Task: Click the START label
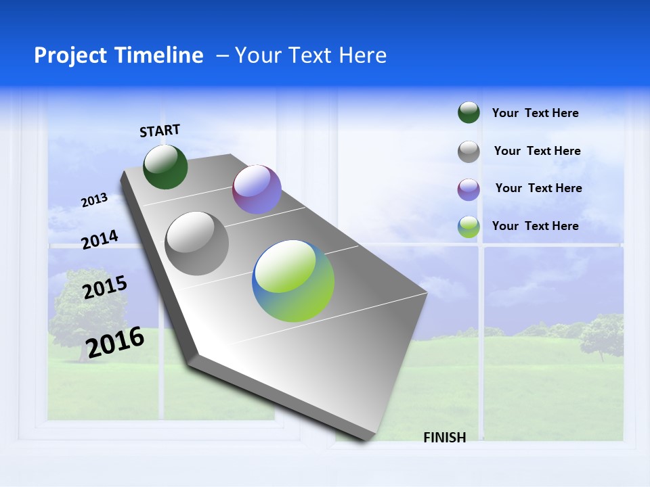(x=160, y=131)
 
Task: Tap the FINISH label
(x=445, y=438)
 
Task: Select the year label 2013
(x=95, y=200)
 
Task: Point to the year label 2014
(x=100, y=239)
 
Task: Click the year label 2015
(x=105, y=287)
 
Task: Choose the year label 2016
(x=115, y=342)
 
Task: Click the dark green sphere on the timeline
(x=165, y=166)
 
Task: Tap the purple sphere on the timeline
(x=257, y=189)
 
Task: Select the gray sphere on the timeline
(x=197, y=243)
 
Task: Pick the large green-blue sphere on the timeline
(x=293, y=281)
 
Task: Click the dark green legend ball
(x=469, y=113)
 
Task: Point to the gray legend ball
(x=469, y=152)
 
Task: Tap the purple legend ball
(x=469, y=189)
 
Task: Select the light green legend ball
(x=469, y=227)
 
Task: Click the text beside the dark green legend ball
(x=535, y=113)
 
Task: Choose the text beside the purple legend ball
(x=538, y=188)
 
